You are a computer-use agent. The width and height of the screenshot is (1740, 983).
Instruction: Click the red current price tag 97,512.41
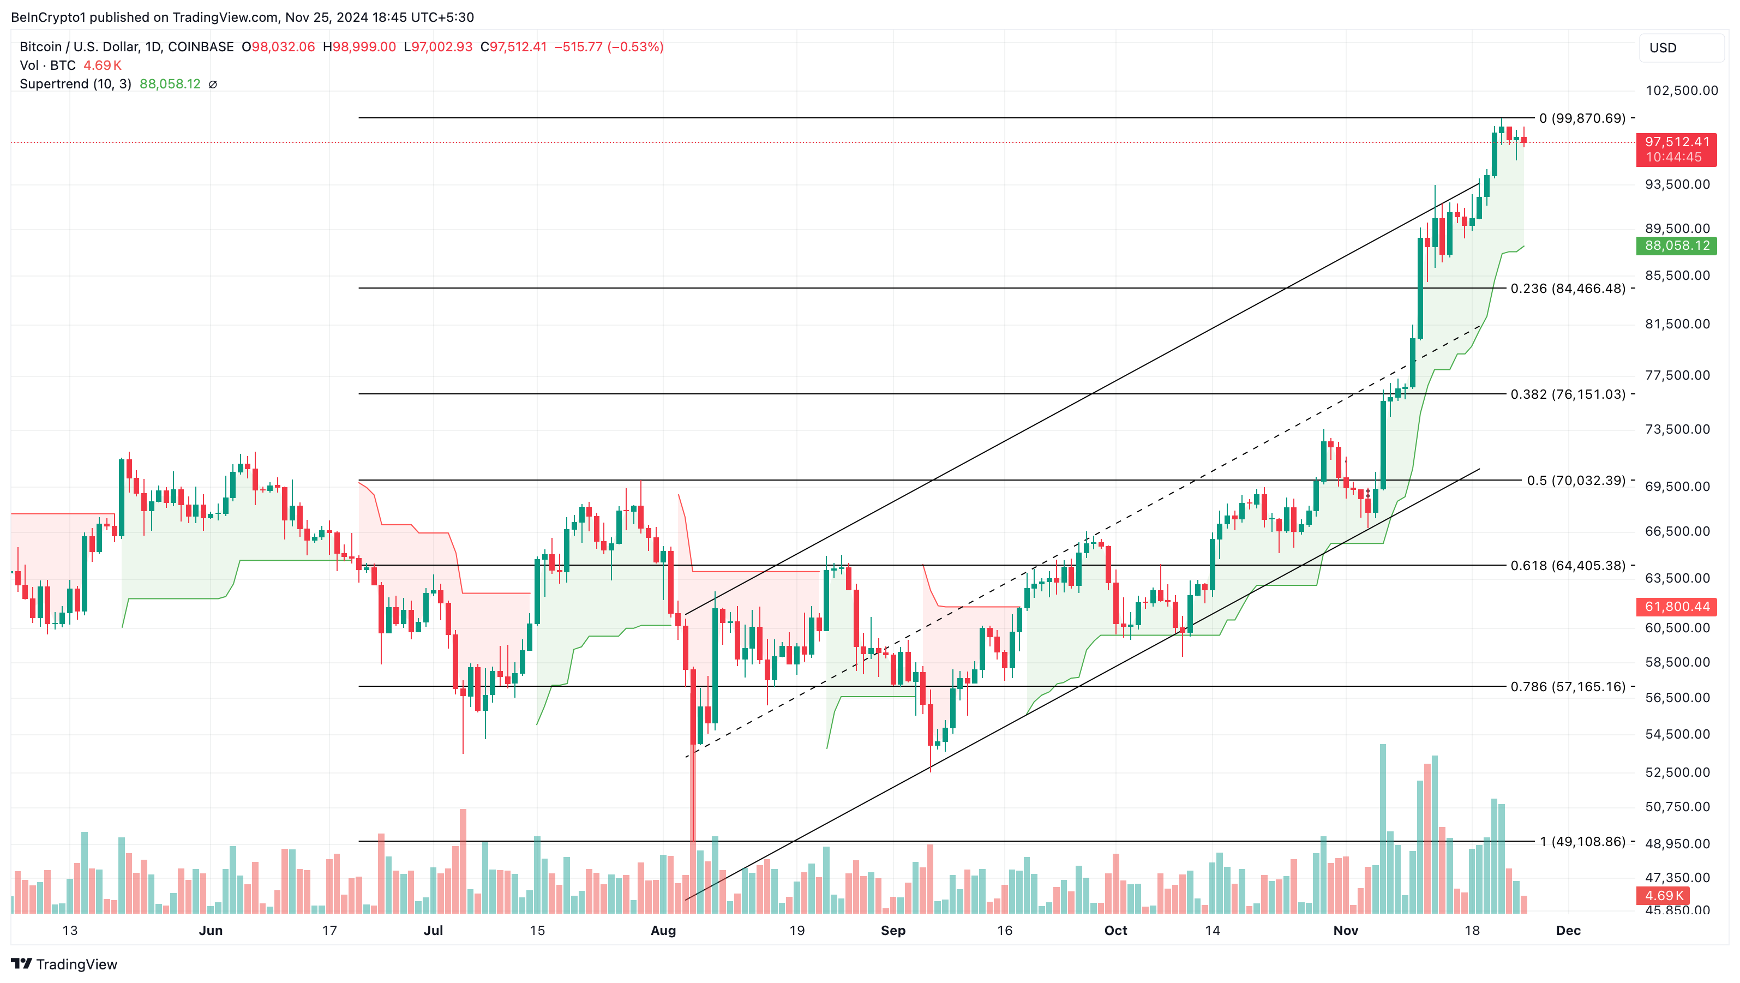point(1677,142)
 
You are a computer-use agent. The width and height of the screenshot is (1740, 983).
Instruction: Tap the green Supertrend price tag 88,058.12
point(1677,246)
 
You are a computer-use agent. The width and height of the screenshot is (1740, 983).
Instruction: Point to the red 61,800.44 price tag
point(1677,607)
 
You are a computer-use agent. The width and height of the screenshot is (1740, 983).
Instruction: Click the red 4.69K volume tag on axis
point(1663,896)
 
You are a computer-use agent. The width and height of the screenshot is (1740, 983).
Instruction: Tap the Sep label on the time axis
point(893,931)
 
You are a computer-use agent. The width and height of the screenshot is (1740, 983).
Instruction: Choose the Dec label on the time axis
point(1568,931)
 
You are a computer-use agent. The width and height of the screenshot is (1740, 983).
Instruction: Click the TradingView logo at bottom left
point(64,964)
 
